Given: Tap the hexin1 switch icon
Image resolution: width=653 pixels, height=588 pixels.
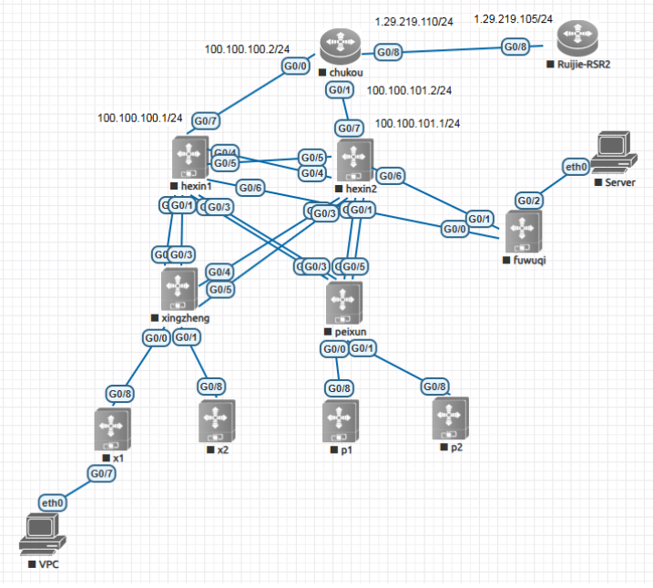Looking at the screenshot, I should pyautogui.click(x=189, y=158).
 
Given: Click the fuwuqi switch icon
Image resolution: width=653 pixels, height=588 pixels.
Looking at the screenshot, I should pyautogui.click(x=523, y=232).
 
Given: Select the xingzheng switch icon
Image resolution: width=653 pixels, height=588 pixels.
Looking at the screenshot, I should pyautogui.click(x=179, y=289).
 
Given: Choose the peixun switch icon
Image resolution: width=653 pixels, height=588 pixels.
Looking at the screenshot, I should pyautogui.click(x=344, y=302).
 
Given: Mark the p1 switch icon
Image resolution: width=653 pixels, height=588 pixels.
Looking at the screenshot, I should pyautogui.click(x=341, y=422).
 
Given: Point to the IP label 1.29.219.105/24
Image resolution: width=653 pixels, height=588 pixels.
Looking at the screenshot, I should pyautogui.click(x=514, y=18).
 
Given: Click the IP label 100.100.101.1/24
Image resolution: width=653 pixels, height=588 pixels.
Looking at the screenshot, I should pyautogui.click(x=417, y=123).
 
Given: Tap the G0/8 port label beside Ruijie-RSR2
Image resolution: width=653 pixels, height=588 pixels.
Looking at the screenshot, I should pyautogui.click(x=515, y=45).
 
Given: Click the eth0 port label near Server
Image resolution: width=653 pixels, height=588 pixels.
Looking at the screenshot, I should pyautogui.click(x=576, y=167).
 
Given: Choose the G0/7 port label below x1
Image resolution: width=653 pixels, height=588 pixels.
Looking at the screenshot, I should pyautogui.click(x=101, y=473).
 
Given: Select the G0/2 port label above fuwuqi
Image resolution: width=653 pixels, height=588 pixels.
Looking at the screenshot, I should pyautogui.click(x=530, y=200).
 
